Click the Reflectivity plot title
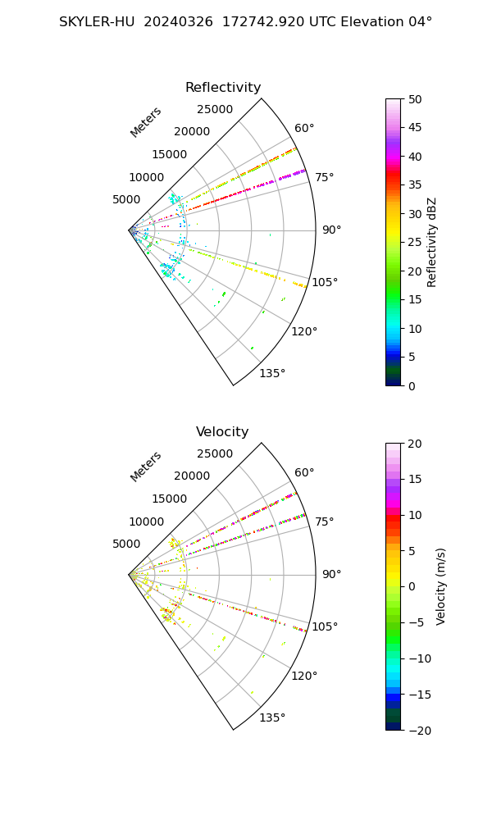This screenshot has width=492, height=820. (223, 88)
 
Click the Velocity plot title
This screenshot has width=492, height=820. (222, 431)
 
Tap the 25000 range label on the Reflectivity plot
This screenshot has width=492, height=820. (215, 109)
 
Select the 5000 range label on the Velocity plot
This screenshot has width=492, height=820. (126, 544)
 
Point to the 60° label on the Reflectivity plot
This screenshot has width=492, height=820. (304, 128)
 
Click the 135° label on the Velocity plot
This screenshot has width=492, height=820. (272, 717)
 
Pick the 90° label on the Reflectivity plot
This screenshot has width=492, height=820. (331, 230)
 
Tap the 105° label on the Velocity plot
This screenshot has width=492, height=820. (325, 626)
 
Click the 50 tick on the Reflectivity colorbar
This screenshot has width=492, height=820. (415, 99)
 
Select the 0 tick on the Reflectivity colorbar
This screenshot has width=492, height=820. (412, 386)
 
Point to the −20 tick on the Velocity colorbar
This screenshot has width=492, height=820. (420, 731)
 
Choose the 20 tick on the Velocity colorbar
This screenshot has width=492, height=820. (415, 444)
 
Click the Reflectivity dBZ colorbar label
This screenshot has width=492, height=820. (431, 243)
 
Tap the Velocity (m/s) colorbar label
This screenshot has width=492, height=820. (441, 587)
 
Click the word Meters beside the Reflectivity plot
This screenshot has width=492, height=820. (146, 122)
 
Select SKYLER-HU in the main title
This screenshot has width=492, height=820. (97, 22)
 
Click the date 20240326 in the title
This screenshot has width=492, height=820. (178, 22)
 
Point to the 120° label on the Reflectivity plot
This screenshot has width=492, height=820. (304, 331)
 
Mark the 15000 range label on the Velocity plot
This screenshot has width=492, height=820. (170, 499)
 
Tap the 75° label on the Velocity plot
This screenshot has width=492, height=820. (325, 522)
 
